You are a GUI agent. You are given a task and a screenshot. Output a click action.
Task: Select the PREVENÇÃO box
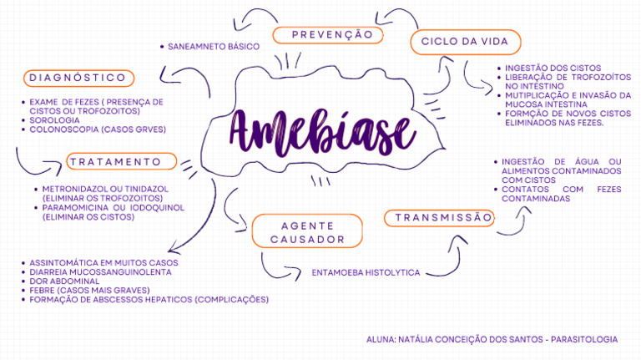332,35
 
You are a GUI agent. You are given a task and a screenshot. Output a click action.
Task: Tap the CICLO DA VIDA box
465,42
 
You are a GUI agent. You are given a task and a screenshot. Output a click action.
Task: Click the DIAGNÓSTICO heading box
77,79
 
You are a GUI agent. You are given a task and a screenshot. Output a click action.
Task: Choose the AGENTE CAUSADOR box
307,231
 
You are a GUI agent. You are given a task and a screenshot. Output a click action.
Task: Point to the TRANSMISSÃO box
439,218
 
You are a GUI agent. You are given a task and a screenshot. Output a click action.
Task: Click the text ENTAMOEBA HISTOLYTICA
366,272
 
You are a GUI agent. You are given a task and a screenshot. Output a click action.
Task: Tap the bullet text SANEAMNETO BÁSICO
214,46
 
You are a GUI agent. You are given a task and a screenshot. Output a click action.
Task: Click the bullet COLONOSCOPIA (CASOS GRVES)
98,129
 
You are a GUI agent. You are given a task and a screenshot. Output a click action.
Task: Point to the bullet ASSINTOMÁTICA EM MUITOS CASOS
103,262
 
